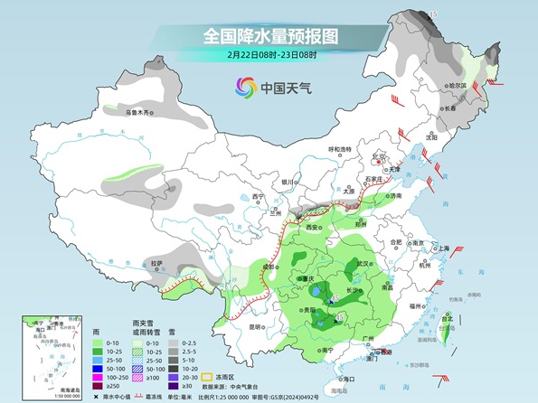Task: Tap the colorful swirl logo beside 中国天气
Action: point(245,87)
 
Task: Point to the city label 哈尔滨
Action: point(457,86)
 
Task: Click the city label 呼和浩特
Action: point(338,149)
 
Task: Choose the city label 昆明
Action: point(256,326)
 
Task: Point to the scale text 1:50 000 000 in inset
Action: point(37,395)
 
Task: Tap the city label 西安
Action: point(313,227)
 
